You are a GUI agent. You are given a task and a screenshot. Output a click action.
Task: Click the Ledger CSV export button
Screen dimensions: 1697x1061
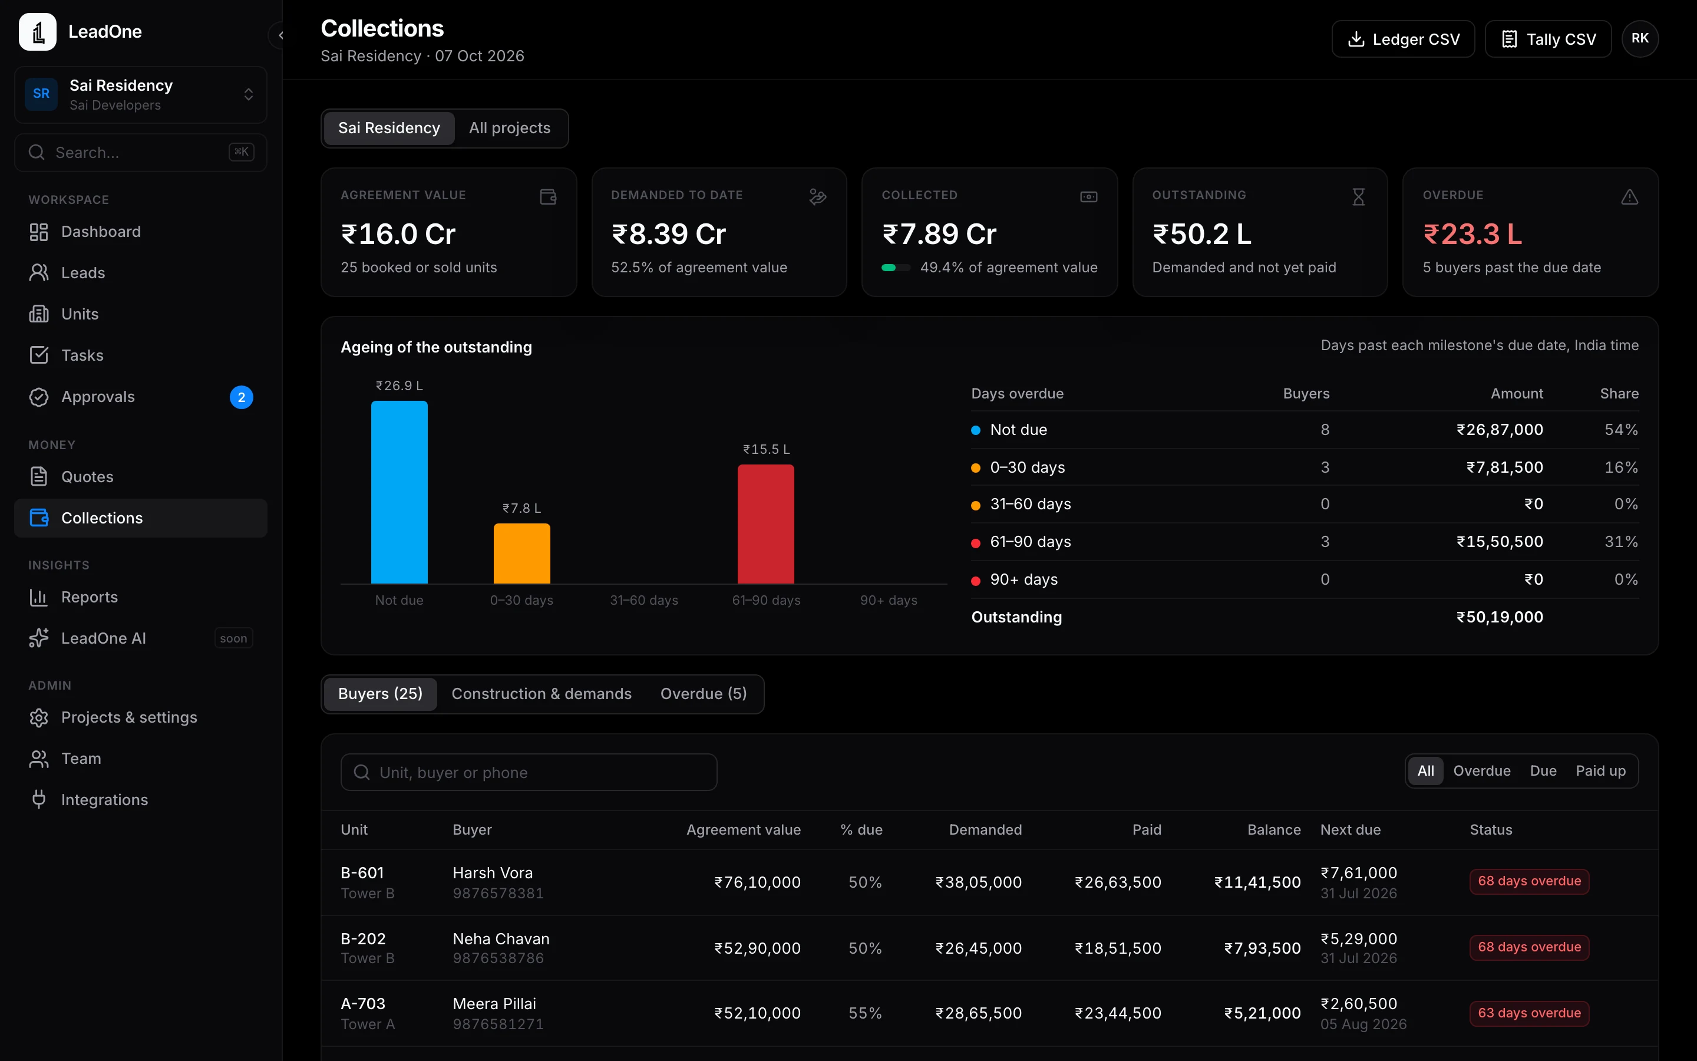tap(1402, 39)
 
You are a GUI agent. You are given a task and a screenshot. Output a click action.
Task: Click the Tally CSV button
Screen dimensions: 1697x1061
tap(1548, 39)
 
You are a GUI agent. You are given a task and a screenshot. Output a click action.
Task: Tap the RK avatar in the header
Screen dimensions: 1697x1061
tap(1639, 38)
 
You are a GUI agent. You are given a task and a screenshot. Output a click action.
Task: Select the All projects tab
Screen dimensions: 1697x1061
tap(510, 128)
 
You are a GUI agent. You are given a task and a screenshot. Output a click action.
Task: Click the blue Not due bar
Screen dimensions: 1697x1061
tap(399, 492)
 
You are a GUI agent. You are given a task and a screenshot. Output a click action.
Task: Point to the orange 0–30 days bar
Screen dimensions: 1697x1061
tap(521, 553)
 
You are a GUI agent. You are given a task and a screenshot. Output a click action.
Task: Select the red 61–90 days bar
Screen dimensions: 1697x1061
tap(766, 523)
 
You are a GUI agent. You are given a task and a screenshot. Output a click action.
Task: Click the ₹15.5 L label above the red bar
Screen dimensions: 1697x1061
tap(767, 449)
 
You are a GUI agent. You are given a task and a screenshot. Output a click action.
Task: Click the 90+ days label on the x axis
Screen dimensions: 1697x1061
tap(889, 600)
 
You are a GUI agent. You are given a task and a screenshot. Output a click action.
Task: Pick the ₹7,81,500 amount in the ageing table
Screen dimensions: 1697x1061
tap(1504, 467)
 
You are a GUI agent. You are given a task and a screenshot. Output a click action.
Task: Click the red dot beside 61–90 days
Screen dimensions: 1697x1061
tap(975, 542)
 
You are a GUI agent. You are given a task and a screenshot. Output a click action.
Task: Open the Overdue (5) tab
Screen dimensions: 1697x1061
tap(704, 693)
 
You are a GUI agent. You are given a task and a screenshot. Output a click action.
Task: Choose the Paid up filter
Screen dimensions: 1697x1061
tap(1600, 770)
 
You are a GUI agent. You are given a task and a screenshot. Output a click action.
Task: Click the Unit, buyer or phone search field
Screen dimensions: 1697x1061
tap(529, 772)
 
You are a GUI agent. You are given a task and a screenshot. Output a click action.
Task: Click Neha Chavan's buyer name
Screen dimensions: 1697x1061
tap(501, 939)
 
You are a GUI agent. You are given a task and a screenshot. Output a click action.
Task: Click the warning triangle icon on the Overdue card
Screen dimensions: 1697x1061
tap(1630, 197)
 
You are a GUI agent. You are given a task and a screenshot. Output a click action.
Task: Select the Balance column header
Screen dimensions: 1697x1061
tap(1273, 829)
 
